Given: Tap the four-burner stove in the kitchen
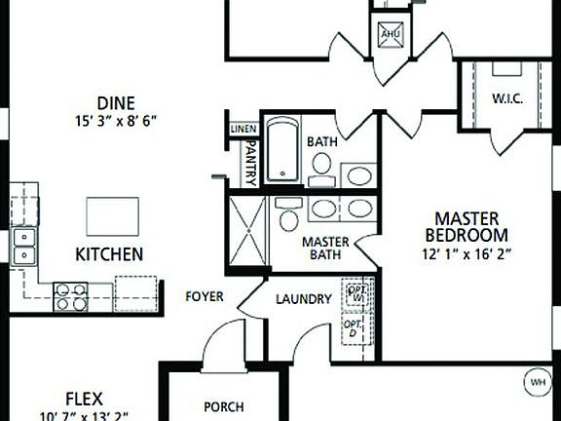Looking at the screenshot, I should pos(70,295).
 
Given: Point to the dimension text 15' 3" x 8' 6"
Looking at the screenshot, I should pos(115,121).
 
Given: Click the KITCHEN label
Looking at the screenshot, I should pos(109,254).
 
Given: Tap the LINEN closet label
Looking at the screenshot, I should pos(243,129).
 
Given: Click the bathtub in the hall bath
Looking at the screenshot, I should pos(283,150).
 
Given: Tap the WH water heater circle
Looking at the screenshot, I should pos(536,381).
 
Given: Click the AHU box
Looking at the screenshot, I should pos(392,32).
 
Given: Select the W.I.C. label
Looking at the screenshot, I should pos(509,97).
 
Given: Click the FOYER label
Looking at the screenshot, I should pos(204,296).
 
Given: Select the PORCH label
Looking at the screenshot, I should pos(223,407).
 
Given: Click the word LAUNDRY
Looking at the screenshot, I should pos(303,299).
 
